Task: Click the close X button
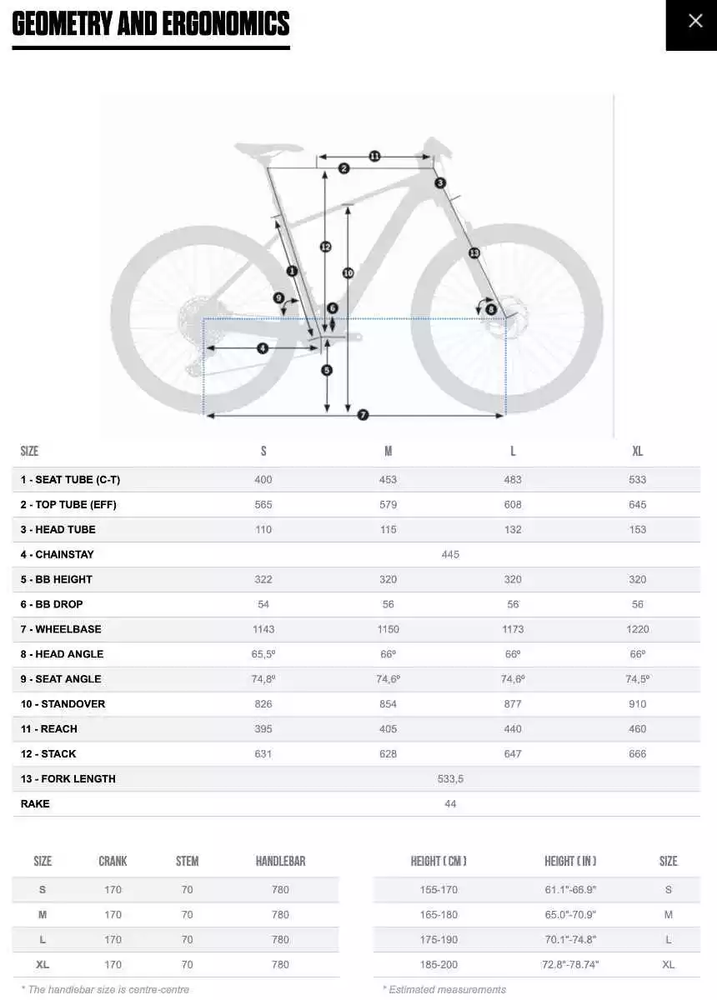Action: pos(694,22)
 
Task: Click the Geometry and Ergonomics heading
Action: pos(151,24)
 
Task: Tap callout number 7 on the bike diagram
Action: pos(363,415)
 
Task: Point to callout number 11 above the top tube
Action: pos(374,156)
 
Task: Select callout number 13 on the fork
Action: pos(474,252)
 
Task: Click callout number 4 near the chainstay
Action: pos(263,347)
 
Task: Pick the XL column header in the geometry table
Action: pos(638,451)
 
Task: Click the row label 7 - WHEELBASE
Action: pos(61,629)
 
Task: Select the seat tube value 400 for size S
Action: pos(263,479)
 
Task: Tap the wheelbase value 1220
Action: pos(638,629)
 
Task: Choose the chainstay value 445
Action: pos(450,554)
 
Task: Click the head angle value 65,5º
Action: pos(263,654)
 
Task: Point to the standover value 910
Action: pos(638,704)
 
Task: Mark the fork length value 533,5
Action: pos(450,779)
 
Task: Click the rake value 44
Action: pos(450,804)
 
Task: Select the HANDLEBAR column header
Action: pos(280,861)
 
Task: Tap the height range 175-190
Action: pos(439,939)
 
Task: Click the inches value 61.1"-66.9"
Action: pos(570,889)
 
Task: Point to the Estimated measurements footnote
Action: pos(444,989)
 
